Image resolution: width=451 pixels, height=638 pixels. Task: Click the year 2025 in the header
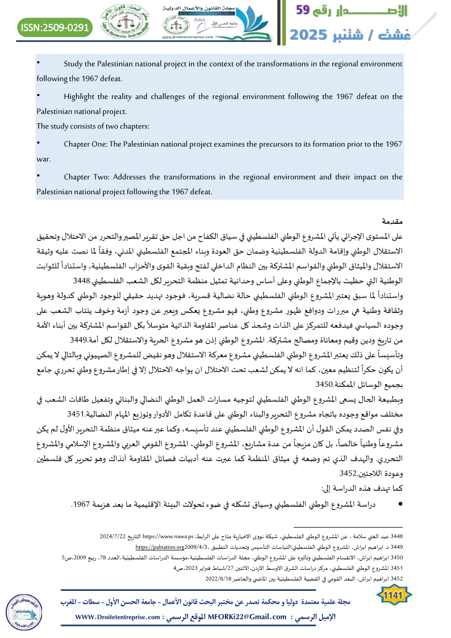tap(311, 34)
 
